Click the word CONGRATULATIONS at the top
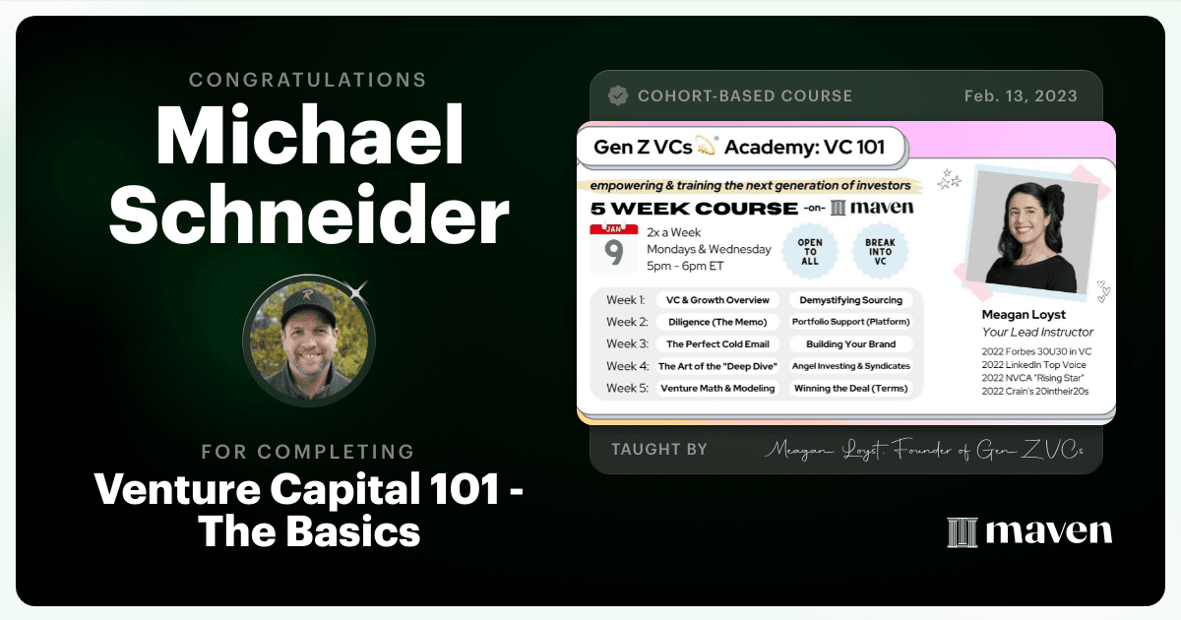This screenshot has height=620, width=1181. pos(308,80)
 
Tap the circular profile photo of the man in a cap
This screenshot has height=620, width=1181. pos(309,341)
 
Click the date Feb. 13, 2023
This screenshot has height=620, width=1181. pos(1021,95)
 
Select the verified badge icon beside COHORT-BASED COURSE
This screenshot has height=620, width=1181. pos(618,95)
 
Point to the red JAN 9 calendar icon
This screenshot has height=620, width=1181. pos(614,248)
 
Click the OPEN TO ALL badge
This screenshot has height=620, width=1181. pos(810,252)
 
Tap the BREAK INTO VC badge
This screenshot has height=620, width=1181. pos(880,252)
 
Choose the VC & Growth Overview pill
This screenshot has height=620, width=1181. pos(717,300)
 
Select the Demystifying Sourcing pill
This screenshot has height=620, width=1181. pos(851,300)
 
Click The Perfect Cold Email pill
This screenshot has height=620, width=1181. pos(717,344)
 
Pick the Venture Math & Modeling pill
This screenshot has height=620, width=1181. pos(717,389)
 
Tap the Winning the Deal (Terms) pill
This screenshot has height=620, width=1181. pos(851,389)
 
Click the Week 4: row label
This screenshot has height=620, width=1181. pos(628,366)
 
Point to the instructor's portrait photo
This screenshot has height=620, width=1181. pos(1031,232)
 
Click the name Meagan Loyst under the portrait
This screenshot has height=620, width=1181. pos(1024,315)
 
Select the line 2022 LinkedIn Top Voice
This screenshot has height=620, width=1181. pos(1034,365)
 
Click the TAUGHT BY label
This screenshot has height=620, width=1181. pos(659,449)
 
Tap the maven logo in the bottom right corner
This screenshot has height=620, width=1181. pos(1029,532)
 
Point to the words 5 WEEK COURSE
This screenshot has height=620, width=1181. pos(694,209)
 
